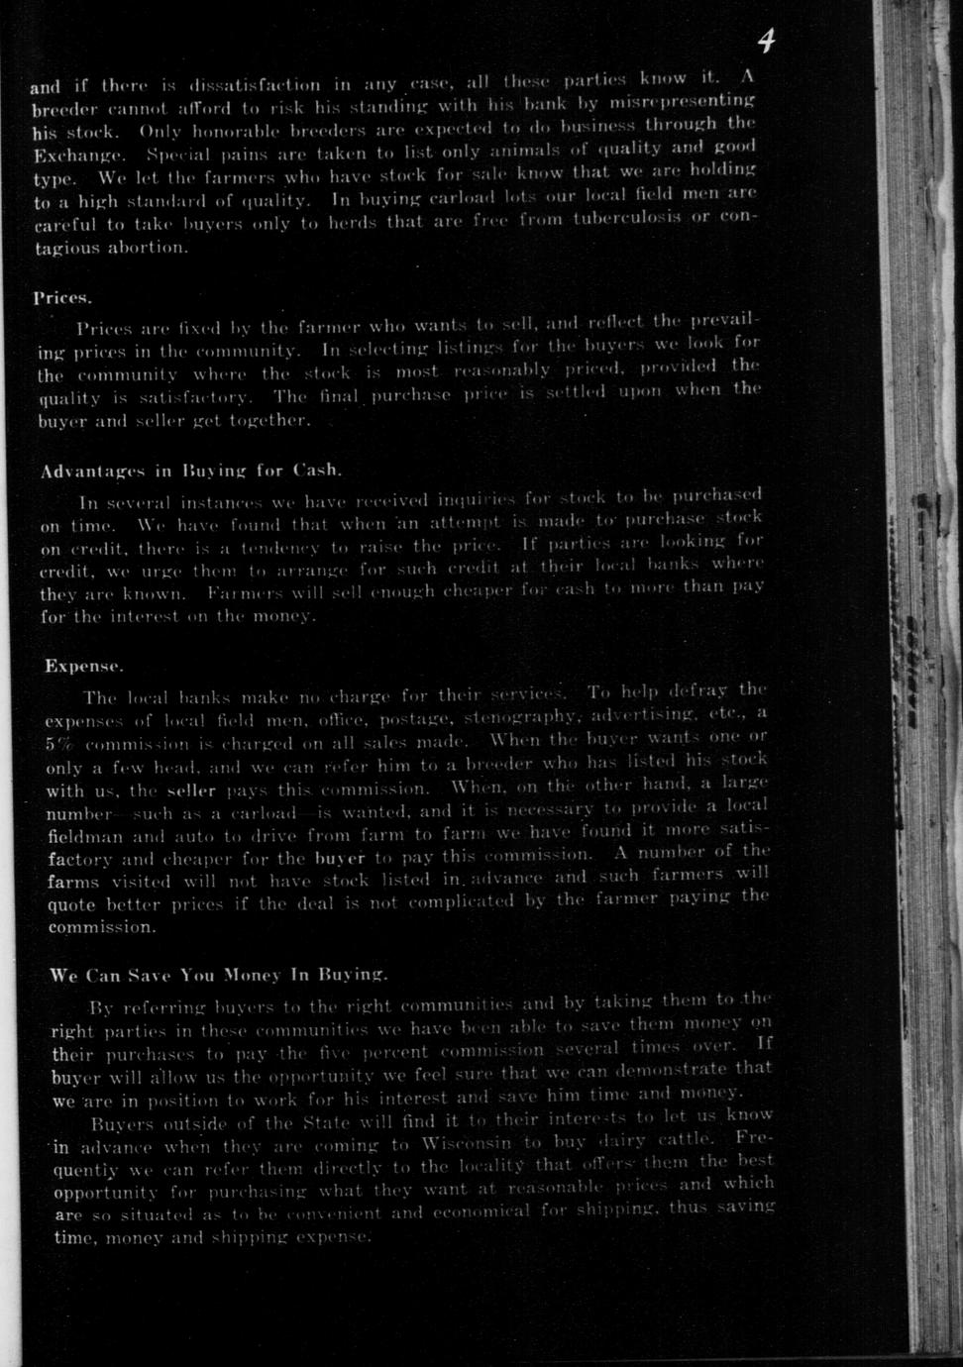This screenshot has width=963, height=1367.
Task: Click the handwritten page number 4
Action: [x=766, y=42]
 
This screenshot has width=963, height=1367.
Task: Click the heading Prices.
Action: [x=63, y=297]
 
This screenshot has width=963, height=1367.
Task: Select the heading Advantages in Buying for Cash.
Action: [x=191, y=471]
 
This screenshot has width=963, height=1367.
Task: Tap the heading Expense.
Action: [x=84, y=666]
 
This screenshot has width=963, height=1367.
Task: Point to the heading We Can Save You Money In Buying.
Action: [x=218, y=975]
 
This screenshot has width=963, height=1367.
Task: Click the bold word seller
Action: [x=192, y=790]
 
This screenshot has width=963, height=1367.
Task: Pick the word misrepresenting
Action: [x=683, y=102]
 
